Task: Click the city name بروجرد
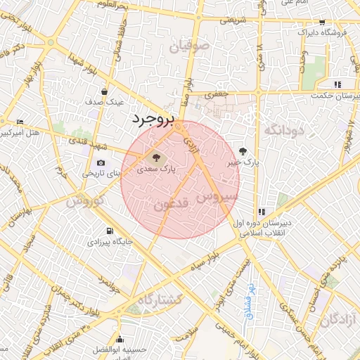[x=151, y=120]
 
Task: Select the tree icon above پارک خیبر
[x=243, y=150]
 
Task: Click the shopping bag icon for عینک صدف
[x=105, y=91]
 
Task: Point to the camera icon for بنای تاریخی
[x=101, y=163]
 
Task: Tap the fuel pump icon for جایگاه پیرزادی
[x=109, y=231]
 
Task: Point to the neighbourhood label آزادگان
[x=339, y=321]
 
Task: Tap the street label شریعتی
[x=233, y=20]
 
